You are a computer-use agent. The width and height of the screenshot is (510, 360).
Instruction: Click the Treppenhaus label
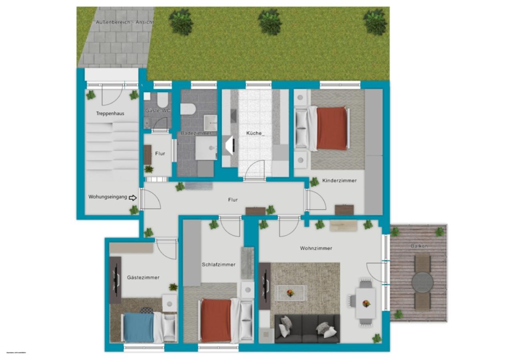tap(110, 114)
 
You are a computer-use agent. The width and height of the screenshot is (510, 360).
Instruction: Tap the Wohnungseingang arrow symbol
tap(133, 197)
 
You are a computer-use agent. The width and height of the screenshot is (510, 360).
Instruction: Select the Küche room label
tap(255, 133)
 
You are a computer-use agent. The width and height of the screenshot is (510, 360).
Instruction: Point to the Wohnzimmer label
tap(316, 248)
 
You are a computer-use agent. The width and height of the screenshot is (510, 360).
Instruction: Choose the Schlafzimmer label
tap(219, 265)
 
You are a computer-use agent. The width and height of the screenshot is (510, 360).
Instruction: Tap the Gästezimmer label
tap(143, 278)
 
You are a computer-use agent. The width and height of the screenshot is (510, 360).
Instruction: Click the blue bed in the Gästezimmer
tap(139, 328)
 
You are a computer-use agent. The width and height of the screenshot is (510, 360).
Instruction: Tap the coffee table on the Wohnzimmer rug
tap(290, 293)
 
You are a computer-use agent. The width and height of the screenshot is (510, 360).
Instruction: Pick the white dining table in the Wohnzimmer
tap(365, 303)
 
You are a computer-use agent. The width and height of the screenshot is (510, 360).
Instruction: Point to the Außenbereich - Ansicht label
tap(124, 22)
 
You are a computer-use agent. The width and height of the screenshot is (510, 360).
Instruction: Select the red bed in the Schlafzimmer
tap(216, 320)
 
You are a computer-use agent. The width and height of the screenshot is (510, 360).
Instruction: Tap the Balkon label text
tap(419, 246)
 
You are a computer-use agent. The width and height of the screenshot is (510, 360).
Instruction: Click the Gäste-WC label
tap(158, 111)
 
